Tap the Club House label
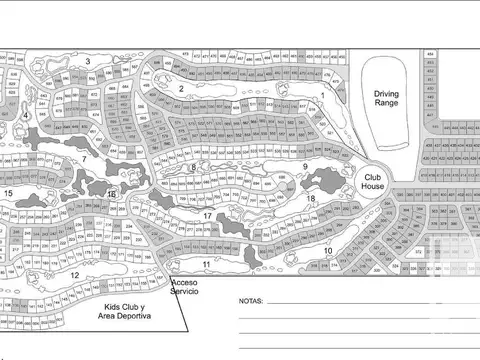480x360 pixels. pos(373,181)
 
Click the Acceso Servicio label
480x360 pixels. pos(185,286)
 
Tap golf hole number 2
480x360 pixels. pos(181,88)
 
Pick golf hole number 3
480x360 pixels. pos(88,62)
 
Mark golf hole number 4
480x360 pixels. pos(23,116)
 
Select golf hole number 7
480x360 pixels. pos(84,158)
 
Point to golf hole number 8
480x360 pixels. pos(193,168)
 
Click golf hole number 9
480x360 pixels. pos(304,166)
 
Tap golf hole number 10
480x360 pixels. pos(328,249)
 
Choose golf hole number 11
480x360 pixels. pos(206,264)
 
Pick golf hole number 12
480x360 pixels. pos(75,274)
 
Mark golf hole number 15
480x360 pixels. pos(8,192)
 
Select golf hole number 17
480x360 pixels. pos(207,216)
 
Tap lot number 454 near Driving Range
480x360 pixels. pos(430,51)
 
